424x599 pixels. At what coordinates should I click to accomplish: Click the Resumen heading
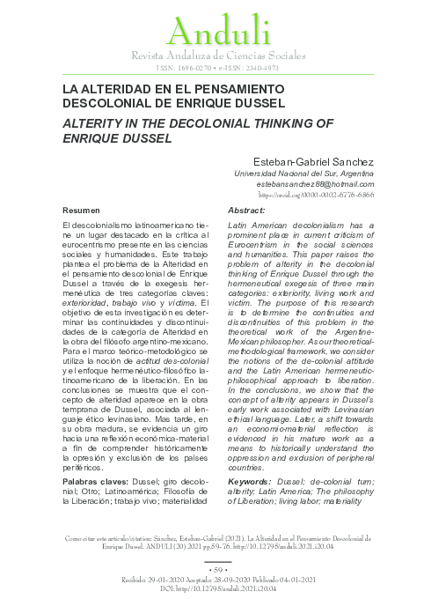85,212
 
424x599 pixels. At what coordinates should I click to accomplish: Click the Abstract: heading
246,212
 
